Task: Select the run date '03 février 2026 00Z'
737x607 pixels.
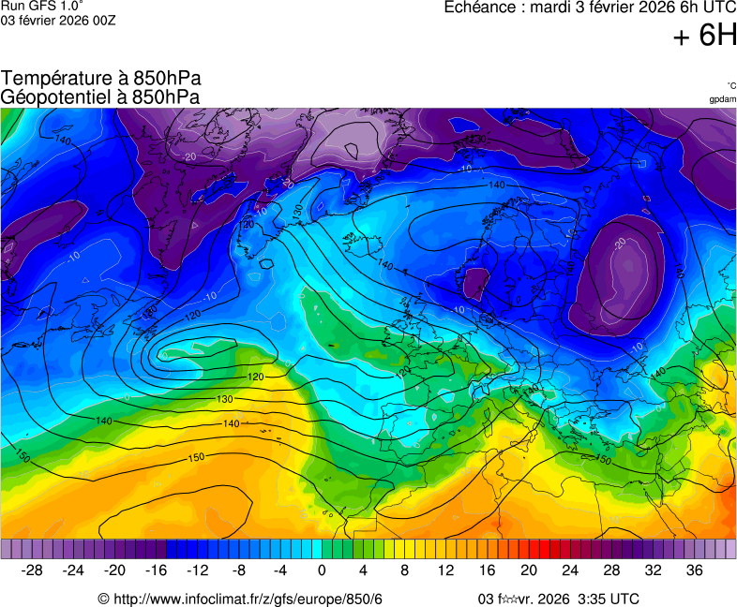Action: coord(58,20)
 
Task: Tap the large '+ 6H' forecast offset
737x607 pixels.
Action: coord(704,36)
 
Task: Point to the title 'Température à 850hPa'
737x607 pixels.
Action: coord(101,79)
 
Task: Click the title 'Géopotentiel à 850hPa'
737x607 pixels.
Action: coord(100,96)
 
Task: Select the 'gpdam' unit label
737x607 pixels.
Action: coord(722,98)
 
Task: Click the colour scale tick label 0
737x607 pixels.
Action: coord(322,570)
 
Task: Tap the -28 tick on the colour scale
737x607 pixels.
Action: coord(32,570)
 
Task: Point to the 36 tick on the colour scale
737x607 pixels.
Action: coord(694,570)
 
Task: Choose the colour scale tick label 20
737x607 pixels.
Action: coord(529,570)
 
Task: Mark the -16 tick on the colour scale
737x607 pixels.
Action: coord(156,570)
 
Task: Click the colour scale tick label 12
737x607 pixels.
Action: coord(445,570)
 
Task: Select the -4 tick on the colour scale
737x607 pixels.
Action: coord(279,570)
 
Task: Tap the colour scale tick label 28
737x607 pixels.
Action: coord(611,570)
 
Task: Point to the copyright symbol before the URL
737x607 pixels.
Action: coord(104,599)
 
